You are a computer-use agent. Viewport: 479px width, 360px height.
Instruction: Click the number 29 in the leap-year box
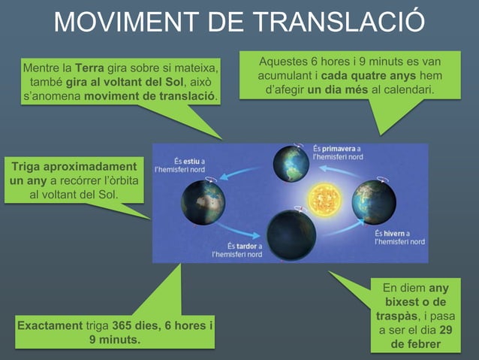[445, 330]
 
